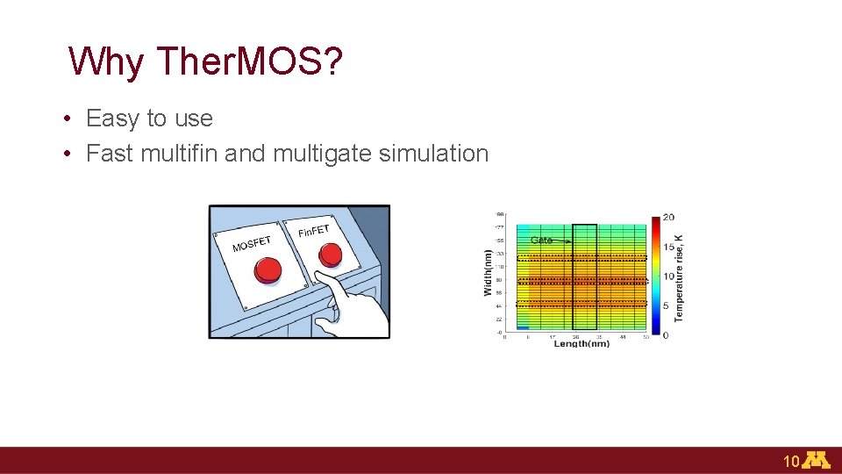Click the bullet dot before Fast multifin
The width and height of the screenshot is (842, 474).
(67, 154)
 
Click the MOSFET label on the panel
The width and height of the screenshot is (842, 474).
(252, 241)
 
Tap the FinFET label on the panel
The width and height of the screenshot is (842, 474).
(313, 231)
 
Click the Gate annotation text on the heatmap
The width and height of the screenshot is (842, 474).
(541, 240)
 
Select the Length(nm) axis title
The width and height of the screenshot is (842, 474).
(581, 343)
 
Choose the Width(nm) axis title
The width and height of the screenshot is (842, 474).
(489, 271)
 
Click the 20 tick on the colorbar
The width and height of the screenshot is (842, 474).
(668, 217)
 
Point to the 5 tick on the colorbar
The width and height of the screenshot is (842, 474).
(667, 305)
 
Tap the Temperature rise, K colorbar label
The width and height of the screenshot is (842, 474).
(680, 276)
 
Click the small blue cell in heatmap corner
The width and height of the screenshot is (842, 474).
(523, 328)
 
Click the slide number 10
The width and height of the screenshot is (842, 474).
(790, 462)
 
